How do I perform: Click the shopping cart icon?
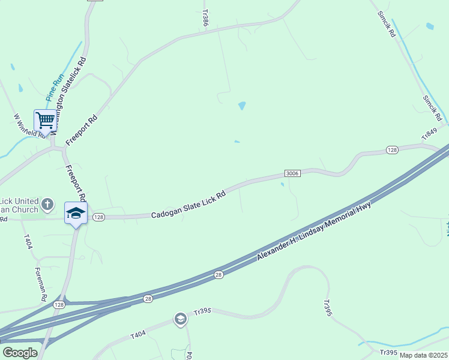pyautogui.click(x=46, y=121)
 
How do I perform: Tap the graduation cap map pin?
pyautogui.click(x=76, y=213)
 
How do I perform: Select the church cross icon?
pyautogui.click(x=48, y=206)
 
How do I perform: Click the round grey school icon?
pyautogui.click(x=180, y=320)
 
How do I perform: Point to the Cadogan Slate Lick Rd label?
pyautogui.click(x=188, y=205)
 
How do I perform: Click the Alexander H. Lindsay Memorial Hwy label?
pyautogui.click(x=314, y=231)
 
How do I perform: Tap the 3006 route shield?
pyautogui.click(x=292, y=173)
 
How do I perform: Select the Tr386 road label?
pyautogui.click(x=205, y=17)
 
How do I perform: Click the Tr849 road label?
pyautogui.click(x=430, y=134)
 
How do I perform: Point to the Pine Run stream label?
pyautogui.click(x=54, y=87)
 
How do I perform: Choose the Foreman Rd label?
pyautogui.click(x=41, y=284)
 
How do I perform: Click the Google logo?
pyautogui.click(x=20, y=352)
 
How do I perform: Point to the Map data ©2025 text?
pyautogui.click(x=423, y=355)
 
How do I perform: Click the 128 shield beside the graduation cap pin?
pyautogui.click(x=99, y=217)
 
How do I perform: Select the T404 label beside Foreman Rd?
pyautogui.click(x=28, y=241)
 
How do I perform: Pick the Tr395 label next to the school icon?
pyautogui.click(x=204, y=312)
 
